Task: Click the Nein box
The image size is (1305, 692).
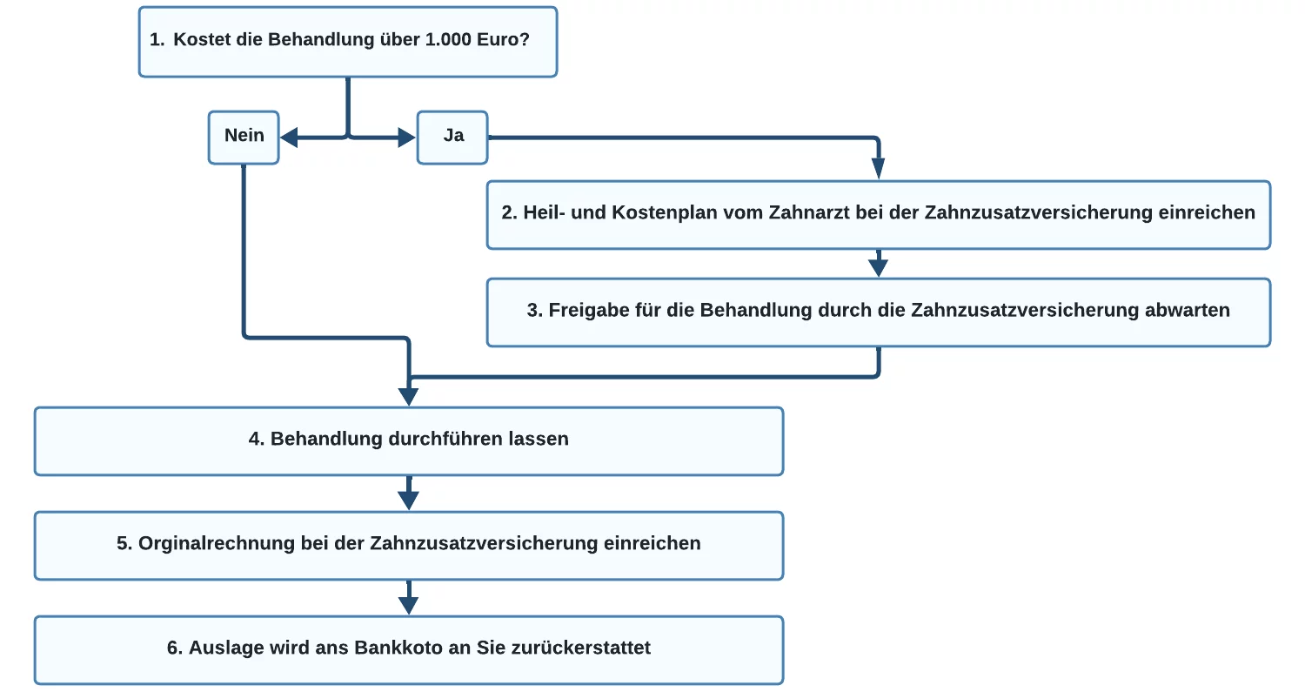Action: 244,138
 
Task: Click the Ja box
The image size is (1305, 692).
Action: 452,138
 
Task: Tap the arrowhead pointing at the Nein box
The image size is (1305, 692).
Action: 289,138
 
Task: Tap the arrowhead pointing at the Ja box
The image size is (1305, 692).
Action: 406,138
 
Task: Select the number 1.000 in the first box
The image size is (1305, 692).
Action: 448,40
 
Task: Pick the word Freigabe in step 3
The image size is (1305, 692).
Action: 589,310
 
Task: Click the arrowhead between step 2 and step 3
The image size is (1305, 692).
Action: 878,267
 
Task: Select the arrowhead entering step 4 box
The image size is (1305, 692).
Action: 408,396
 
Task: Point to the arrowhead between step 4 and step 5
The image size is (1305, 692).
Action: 408,501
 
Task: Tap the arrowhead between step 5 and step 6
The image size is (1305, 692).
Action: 408,605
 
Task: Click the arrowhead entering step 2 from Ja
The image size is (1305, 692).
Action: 878,169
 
